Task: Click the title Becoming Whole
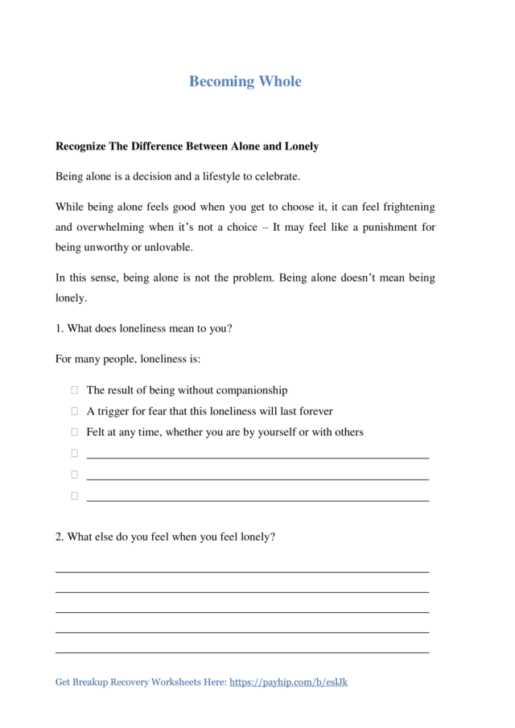(x=245, y=81)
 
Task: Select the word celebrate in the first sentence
(x=273, y=175)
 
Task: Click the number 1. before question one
(x=60, y=328)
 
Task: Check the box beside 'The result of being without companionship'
(x=74, y=390)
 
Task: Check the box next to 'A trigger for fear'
(x=74, y=411)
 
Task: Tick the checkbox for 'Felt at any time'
(x=74, y=432)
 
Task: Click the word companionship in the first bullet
(x=250, y=390)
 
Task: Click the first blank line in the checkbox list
(x=257, y=456)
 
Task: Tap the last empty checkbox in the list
(x=74, y=496)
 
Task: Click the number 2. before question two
(x=60, y=537)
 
